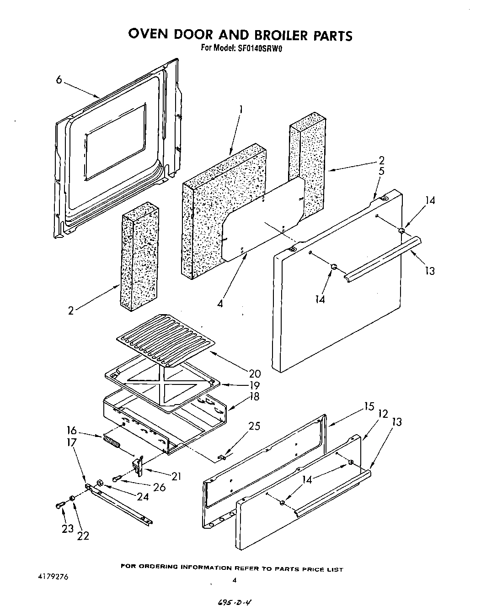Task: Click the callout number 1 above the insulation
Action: [x=240, y=110]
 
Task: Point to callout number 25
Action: [x=254, y=426]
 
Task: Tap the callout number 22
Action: [x=83, y=536]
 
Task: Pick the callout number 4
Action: [x=220, y=303]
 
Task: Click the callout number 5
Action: [x=381, y=172]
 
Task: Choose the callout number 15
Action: [x=369, y=406]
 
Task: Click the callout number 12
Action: [x=382, y=414]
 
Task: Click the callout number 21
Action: [x=176, y=476]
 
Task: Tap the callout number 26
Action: [x=159, y=487]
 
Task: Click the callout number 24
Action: [x=143, y=496]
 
